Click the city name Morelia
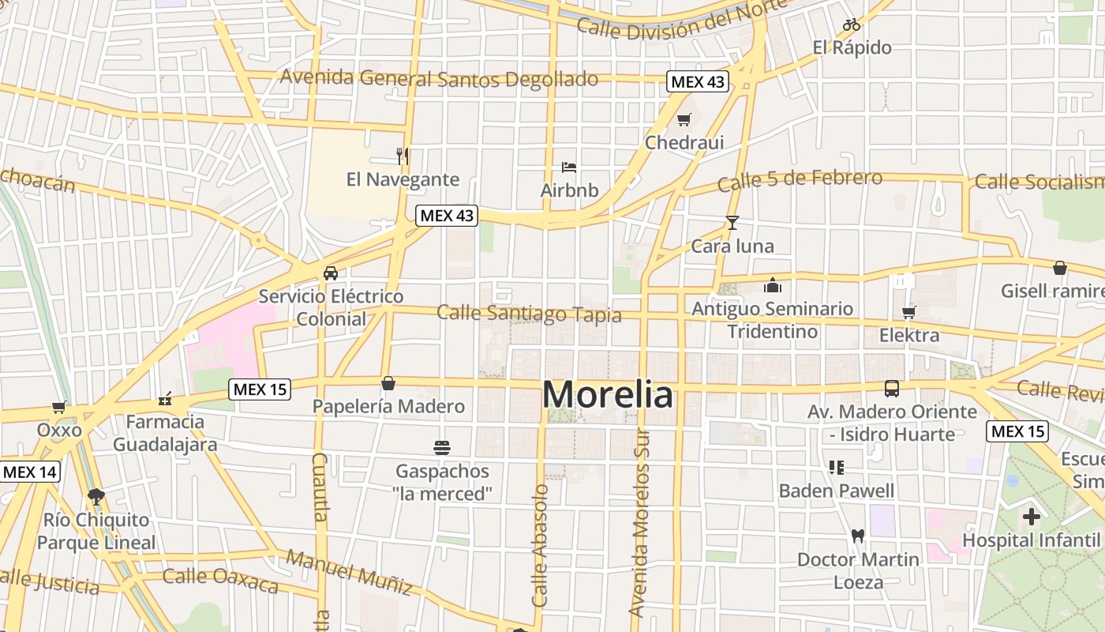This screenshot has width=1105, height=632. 608,395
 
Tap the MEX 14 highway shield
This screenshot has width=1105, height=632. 30,472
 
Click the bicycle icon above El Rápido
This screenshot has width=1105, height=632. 852,24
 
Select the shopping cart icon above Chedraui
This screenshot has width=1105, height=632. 684,120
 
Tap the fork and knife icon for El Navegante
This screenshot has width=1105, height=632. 403,156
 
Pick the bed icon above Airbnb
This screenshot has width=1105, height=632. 569,167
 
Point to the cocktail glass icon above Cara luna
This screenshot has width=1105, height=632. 732,223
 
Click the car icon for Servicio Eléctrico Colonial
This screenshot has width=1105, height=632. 331,273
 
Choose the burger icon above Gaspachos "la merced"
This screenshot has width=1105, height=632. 442,448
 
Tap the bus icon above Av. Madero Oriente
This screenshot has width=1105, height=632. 892,389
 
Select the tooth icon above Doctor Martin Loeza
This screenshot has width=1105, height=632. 858,536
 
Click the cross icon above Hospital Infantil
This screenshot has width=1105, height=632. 1031,517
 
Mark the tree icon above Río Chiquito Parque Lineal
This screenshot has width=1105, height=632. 96,497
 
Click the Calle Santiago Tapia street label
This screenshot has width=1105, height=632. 529,314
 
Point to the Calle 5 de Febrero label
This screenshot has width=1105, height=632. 800,180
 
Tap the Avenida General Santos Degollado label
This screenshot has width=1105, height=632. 439,78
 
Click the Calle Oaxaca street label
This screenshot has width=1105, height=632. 220,580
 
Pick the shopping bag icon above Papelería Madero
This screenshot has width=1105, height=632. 388,383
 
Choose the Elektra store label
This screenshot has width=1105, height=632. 909,335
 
